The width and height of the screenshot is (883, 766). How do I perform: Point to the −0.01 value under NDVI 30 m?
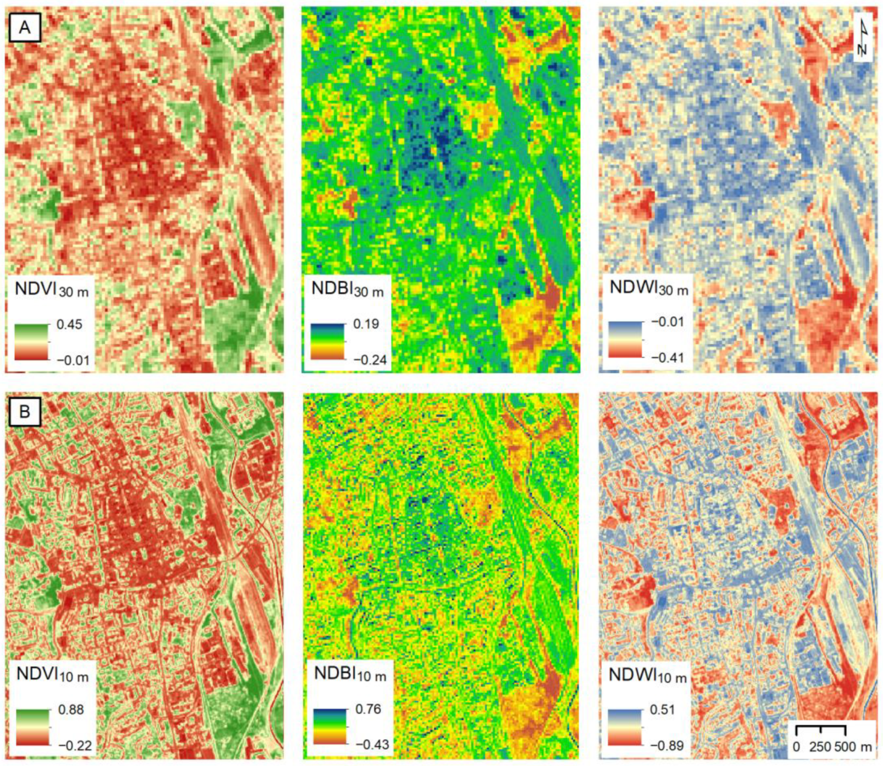73,360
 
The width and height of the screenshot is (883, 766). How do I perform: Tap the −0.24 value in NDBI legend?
370,360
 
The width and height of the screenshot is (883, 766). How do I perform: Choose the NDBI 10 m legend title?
350,674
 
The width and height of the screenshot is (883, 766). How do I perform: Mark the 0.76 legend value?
368,709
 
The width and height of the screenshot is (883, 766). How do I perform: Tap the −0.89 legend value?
667,745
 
